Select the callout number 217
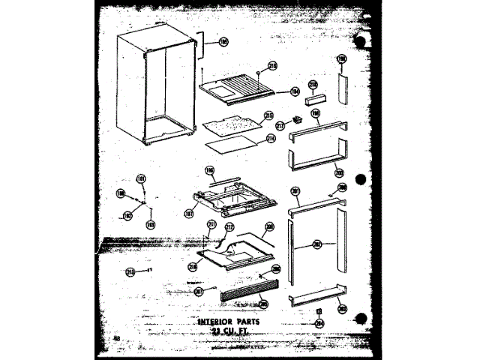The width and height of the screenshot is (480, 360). (280, 126)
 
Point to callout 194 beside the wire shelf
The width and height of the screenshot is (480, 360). (295, 91)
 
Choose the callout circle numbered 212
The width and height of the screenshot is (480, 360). (230, 226)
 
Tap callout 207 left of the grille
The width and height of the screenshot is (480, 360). (199, 290)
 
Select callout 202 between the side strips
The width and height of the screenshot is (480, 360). (317, 244)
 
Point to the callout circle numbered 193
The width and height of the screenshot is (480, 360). (151, 223)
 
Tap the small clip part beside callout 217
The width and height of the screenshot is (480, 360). (296, 120)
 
